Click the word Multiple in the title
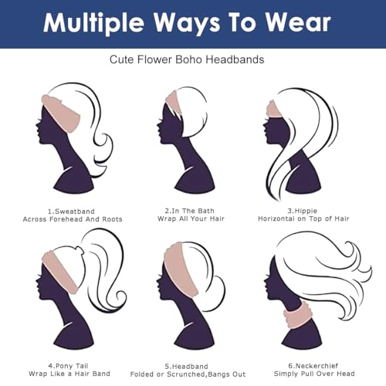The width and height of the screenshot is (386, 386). click(93, 23)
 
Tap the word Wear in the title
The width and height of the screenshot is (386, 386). click(298, 22)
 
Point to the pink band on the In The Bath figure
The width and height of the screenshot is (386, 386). click(174, 103)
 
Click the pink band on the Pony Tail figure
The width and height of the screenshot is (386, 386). click(59, 272)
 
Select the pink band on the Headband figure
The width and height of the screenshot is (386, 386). click(180, 268)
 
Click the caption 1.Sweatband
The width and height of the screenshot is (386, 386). click(71, 212)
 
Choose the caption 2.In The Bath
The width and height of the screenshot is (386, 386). click(190, 211)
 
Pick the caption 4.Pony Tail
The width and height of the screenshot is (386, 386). click(68, 366)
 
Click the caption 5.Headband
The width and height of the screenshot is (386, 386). click(187, 367)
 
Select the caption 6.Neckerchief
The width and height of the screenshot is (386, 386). click(313, 366)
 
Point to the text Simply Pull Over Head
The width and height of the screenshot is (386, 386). click(314, 374)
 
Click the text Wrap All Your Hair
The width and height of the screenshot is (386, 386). click(191, 218)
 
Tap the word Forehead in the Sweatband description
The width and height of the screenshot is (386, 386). click(66, 219)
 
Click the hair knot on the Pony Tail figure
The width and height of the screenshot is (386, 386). click(80, 250)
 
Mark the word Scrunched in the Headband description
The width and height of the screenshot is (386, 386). click(187, 374)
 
